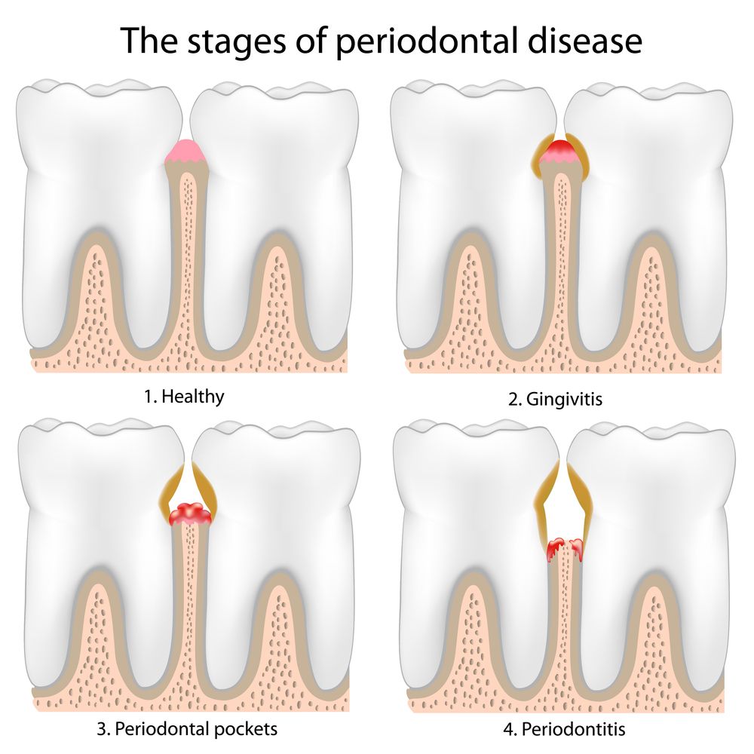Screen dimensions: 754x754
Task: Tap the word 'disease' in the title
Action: coord(585,41)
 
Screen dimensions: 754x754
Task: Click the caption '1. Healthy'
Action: coord(184,397)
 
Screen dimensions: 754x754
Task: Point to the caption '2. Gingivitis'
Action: coord(555,399)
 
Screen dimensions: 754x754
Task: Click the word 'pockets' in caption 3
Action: coord(245,729)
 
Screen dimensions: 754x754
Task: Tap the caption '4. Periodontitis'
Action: coord(564,729)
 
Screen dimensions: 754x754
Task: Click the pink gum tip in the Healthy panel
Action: coord(186,152)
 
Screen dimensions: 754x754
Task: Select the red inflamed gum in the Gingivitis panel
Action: coord(561,150)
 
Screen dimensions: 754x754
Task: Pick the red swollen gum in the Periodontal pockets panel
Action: coord(191,514)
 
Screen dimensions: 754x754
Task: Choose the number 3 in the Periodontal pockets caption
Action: coord(102,729)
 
